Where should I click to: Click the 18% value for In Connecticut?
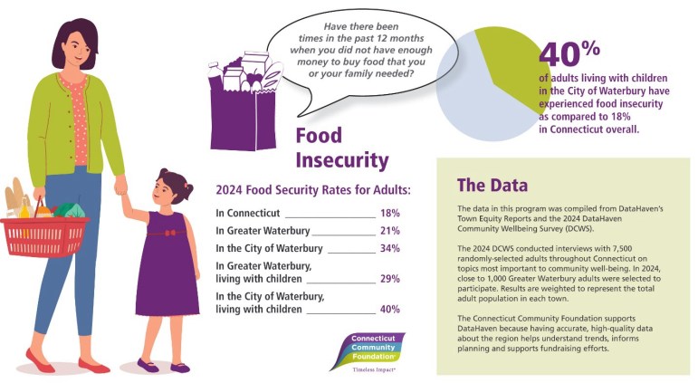(389, 214)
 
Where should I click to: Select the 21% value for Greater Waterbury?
(389, 231)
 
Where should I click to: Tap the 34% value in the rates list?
(389, 248)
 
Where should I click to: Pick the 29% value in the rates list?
(389, 279)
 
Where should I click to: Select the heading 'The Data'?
(492, 187)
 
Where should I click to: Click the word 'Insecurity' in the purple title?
(341, 160)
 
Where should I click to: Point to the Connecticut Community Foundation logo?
(366, 349)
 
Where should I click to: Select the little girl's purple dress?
(167, 263)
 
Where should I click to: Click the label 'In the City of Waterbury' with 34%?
(270, 248)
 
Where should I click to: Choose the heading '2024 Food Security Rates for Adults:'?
(312, 190)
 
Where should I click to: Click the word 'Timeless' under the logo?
(357, 370)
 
